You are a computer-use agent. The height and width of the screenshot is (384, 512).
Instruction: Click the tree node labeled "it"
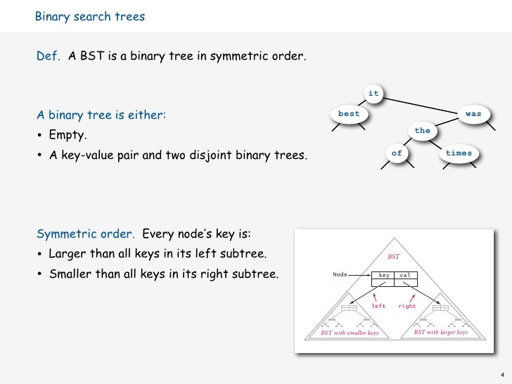coord(373,93)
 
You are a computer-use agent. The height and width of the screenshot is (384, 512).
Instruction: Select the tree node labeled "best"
coord(349,113)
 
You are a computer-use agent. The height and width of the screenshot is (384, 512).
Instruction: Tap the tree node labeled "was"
coord(473,113)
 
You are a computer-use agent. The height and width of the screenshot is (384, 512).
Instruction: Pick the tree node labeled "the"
coord(422,130)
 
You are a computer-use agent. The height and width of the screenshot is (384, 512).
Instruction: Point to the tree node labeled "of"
coord(397,153)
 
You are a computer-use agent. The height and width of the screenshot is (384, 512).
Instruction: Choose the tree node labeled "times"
coord(459,153)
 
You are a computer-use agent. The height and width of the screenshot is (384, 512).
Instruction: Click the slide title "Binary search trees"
coord(90,16)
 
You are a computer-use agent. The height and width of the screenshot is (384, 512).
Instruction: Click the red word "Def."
coord(49,56)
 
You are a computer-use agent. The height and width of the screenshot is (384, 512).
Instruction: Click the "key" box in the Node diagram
coord(385,275)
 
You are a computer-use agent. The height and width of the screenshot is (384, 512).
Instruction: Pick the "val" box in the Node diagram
coord(406,275)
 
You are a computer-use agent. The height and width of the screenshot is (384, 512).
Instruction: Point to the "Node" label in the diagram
coord(340,274)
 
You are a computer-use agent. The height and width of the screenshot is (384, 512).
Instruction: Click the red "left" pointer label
coord(379,306)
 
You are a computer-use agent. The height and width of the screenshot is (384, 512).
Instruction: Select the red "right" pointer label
coord(407,306)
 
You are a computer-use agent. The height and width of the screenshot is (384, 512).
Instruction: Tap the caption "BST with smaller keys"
coord(350,333)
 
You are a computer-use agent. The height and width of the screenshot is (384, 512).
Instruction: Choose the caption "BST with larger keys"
coord(441,332)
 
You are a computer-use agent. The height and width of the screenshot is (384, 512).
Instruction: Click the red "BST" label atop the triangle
coord(394,257)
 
